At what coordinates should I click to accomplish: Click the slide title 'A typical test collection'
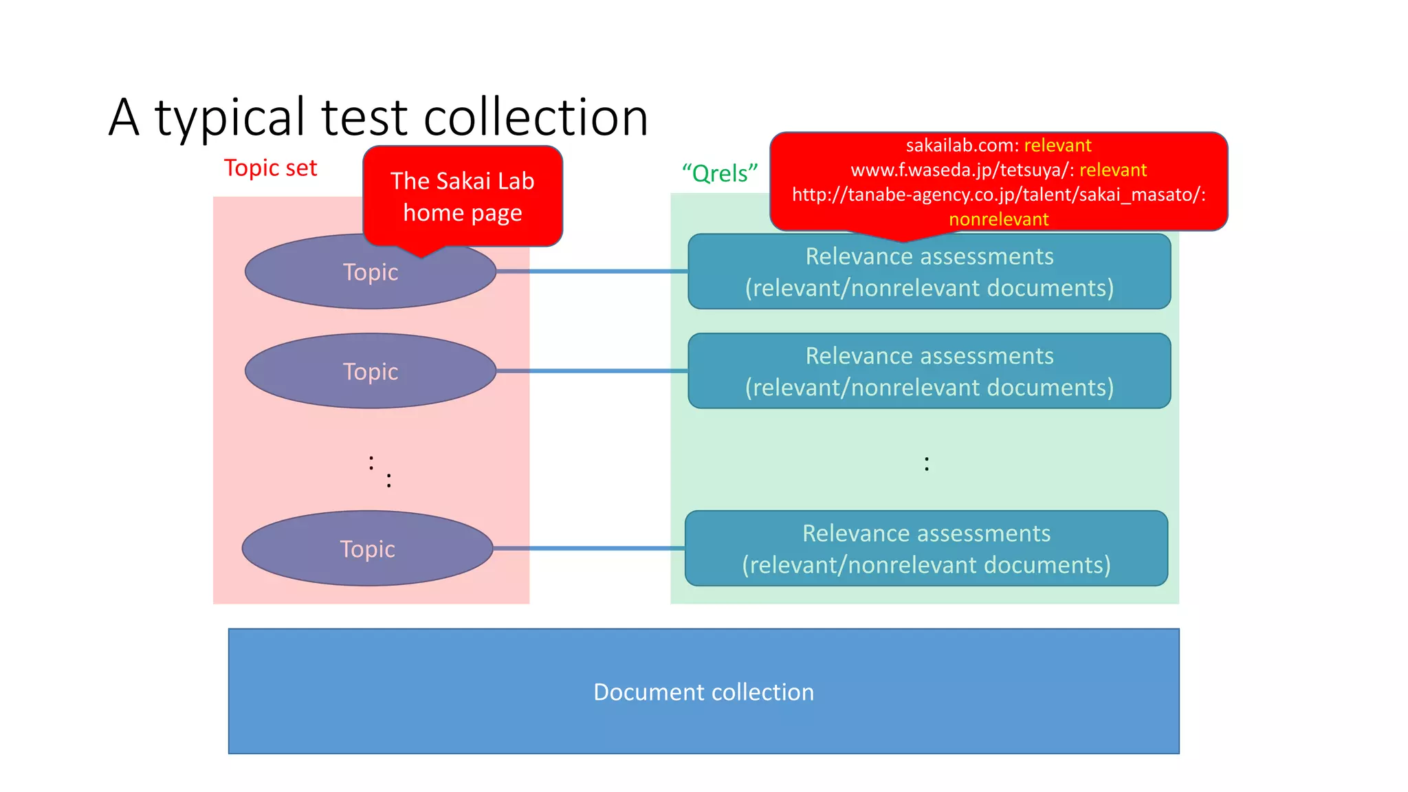tap(378, 117)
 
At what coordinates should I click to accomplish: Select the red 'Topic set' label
tap(270, 168)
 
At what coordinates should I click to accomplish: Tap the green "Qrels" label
tap(719, 173)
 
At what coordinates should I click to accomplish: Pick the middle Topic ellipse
tap(371, 371)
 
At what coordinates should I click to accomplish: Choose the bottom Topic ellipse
tap(367, 549)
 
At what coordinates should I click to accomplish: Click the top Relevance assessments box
tap(929, 272)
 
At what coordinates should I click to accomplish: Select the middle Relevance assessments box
tap(929, 371)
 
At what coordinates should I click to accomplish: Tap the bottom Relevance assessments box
tap(926, 549)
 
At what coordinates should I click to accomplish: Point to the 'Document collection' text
tap(703, 692)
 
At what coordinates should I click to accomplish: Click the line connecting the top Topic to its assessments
tap(591, 272)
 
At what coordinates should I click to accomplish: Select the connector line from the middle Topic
tap(591, 371)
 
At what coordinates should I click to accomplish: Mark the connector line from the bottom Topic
tap(588, 549)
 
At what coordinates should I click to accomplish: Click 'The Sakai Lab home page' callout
tap(462, 197)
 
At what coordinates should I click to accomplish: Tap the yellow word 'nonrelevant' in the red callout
tap(998, 219)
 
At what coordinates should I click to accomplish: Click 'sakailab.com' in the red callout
tap(960, 146)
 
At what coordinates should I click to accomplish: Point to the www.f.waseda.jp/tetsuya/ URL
tap(960, 170)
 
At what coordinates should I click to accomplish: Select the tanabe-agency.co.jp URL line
tap(998, 195)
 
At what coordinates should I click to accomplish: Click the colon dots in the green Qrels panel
tap(926, 464)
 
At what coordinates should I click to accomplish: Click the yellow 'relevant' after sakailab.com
tap(1057, 146)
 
